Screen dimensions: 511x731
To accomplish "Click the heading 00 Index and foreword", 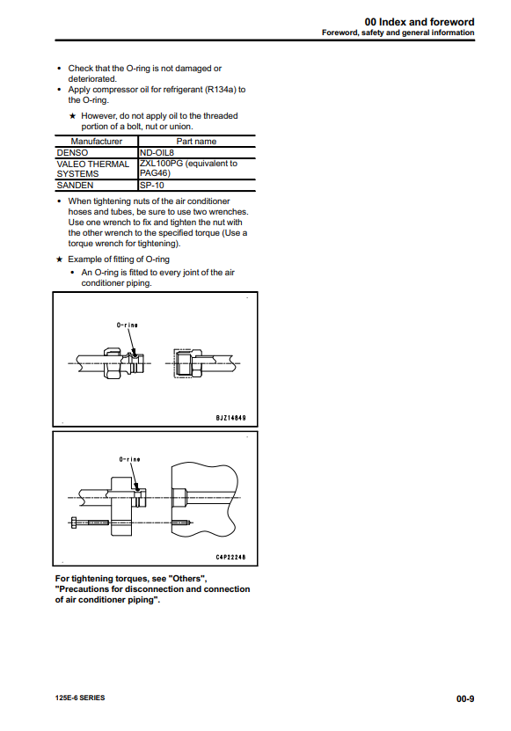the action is click(x=420, y=22).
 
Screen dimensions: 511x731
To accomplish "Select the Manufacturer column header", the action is click(x=96, y=142).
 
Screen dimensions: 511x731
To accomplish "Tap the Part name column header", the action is click(x=196, y=142).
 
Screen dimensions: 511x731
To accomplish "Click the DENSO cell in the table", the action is click(x=72, y=153).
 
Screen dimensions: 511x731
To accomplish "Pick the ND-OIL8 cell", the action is click(x=157, y=152).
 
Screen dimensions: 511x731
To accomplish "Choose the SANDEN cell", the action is click(x=75, y=186).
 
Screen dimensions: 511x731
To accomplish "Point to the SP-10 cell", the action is click(x=152, y=185).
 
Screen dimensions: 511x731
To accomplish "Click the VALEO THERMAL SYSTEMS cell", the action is click(x=92, y=169).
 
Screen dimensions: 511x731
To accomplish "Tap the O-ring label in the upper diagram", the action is click(x=127, y=325).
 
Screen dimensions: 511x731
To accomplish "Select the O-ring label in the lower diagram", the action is click(x=129, y=459).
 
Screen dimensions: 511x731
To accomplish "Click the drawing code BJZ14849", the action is click(x=230, y=418).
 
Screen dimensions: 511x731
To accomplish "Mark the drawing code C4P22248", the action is click(x=230, y=557).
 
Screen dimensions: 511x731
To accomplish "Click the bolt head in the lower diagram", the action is click(x=73, y=523).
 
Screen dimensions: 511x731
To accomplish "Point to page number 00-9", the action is click(x=465, y=698).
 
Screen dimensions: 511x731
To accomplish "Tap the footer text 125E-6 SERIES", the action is click(x=80, y=698).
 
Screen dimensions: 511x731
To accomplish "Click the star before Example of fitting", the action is click(x=59, y=260).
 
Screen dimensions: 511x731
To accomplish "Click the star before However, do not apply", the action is click(x=72, y=116).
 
